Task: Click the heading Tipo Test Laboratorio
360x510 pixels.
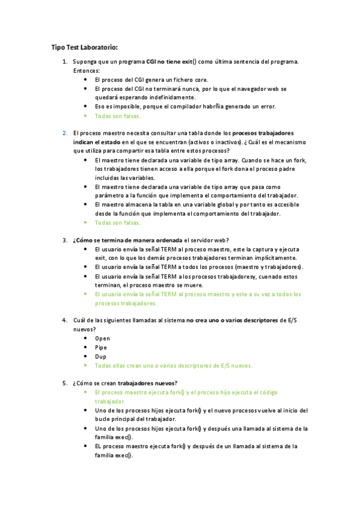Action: click(x=84, y=47)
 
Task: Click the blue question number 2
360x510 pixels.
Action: click(x=65, y=132)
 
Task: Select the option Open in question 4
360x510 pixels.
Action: click(x=102, y=338)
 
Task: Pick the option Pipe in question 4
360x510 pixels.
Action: click(x=101, y=347)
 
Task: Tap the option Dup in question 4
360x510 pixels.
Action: click(x=101, y=356)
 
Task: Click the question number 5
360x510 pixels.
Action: click(x=65, y=383)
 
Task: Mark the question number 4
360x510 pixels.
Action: click(x=65, y=320)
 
